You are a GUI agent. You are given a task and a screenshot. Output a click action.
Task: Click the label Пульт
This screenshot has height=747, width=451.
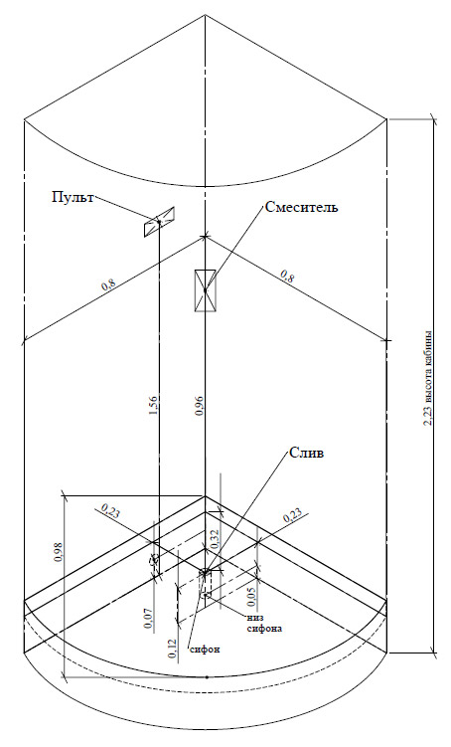click(x=73, y=197)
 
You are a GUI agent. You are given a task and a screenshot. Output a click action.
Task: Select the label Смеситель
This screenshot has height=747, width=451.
click(x=302, y=207)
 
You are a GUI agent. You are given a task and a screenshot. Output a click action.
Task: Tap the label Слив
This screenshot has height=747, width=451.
click(x=306, y=453)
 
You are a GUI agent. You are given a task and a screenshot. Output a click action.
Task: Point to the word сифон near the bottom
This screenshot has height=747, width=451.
click(x=205, y=650)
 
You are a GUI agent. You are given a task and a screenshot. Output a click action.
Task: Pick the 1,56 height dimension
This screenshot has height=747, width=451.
click(x=153, y=405)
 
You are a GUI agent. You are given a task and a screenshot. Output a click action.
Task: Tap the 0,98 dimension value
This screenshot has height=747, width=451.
click(x=59, y=552)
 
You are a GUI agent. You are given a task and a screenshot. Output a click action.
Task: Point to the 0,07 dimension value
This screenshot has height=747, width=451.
click(x=149, y=620)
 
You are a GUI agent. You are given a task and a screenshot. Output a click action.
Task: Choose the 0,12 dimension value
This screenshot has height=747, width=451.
click(x=172, y=649)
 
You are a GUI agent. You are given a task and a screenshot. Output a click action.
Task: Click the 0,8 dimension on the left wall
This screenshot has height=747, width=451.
click(x=108, y=285)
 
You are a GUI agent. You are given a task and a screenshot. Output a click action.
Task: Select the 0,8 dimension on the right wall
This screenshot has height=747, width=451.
click(x=286, y=276)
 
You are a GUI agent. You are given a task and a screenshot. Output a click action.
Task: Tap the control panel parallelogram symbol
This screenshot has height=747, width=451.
click(x=159, y=222)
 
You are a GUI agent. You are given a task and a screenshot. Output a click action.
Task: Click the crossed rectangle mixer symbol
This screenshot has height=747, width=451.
click(x=205, y=290)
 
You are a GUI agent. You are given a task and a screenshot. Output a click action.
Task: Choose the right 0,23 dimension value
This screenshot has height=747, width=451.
click(x=292, y=516)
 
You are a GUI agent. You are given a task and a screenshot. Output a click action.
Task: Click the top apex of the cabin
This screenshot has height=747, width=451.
click(x=205, y=15)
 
